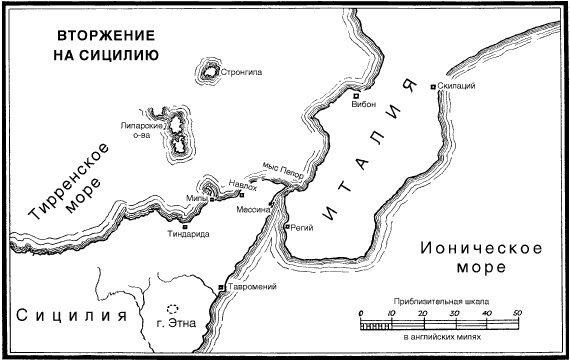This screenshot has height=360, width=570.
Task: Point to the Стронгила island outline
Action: point(211,70)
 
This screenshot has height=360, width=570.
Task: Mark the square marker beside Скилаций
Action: point(433,88)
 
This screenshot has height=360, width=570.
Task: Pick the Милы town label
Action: point(195,199)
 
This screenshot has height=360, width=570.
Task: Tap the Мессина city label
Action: point(253,211)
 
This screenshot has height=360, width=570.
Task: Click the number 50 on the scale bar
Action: point(517,313)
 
